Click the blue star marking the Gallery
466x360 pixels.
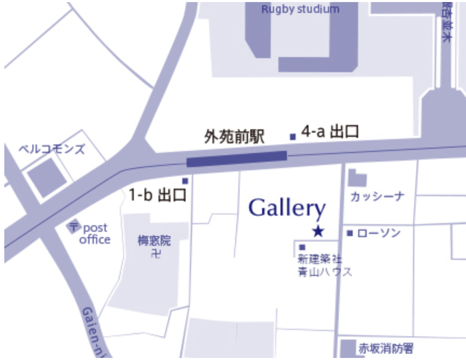(318, 232)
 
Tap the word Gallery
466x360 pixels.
(287, 208)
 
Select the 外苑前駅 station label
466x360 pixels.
(234, 138)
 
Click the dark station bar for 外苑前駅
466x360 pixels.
(236, 159)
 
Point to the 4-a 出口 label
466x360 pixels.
(330, 132)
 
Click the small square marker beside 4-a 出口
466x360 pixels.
(292, 137)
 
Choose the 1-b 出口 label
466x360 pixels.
(156, 195)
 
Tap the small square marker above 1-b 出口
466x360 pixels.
(185, 181)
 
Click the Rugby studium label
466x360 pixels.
(300, 9)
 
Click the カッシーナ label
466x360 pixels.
(377, 196)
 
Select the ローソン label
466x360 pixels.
(379, 233)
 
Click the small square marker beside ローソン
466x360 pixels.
(349, 233)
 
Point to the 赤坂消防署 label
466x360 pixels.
(386, 347)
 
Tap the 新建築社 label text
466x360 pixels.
(320, 259)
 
